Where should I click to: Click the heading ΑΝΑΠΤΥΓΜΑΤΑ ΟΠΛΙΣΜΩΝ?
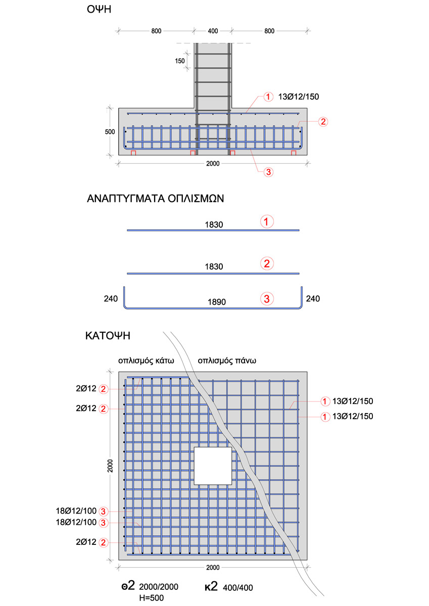156,198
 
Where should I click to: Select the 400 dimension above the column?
213,31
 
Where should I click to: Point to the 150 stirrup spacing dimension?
180,61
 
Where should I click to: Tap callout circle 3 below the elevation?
268,172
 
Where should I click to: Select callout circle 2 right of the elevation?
323,122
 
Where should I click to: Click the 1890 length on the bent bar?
216,302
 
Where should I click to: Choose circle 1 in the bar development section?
267,221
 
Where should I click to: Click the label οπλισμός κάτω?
146,361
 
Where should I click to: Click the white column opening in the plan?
213,466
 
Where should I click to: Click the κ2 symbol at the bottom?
211,586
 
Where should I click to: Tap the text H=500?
151,597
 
